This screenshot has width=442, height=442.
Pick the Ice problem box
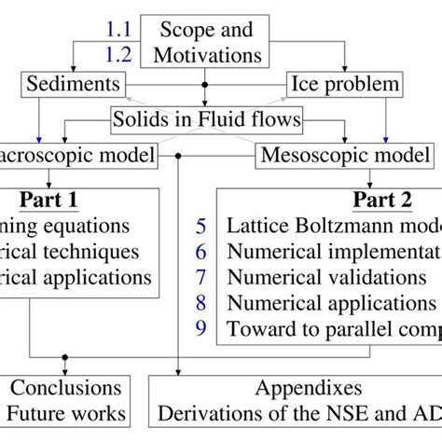click(x=343, y=85)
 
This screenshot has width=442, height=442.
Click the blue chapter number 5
click(x=201, y=226)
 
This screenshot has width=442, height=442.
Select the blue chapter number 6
click(x=201, y=251)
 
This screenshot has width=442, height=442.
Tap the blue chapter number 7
click(x=201, y=277)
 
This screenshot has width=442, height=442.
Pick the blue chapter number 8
click(x=201, y=302)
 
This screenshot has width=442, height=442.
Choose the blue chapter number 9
click(x=201, y=328)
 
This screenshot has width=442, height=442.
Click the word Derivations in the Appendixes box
click(x=206, y=413)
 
